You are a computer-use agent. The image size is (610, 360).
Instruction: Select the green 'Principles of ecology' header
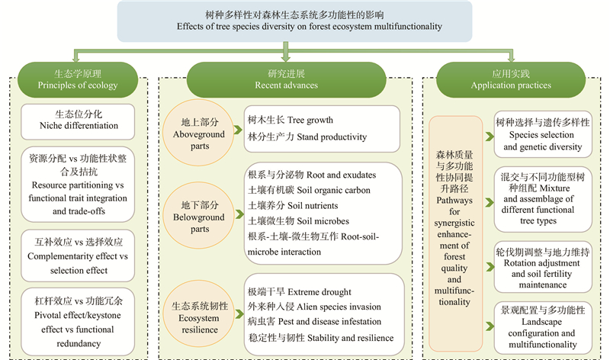77,80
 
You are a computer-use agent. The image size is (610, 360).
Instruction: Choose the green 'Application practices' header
515,80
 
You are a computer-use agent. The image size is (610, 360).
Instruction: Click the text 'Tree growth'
291,121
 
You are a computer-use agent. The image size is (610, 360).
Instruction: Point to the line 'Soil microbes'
294,221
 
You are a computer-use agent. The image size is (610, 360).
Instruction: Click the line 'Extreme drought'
299,292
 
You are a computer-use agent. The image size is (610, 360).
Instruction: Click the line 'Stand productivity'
297,138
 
